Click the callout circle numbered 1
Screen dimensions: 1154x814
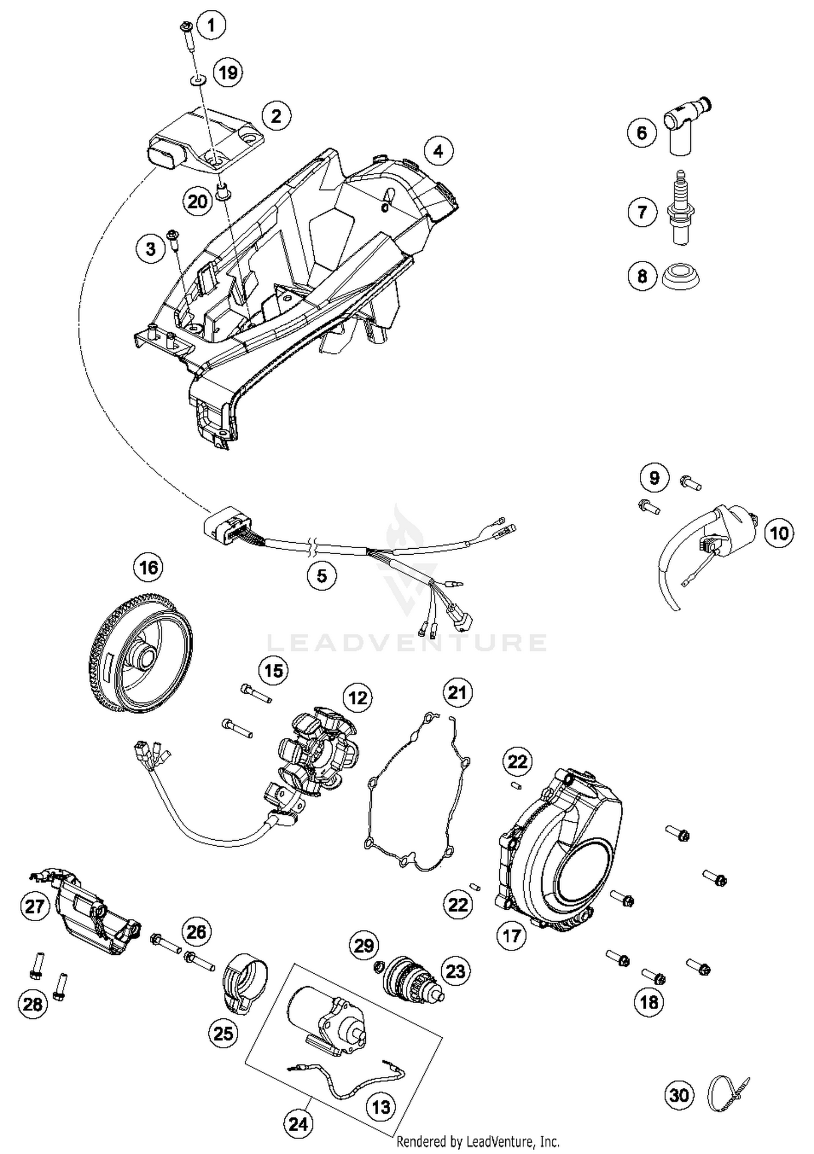tap(211, 25)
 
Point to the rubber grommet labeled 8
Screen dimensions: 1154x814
tap(682, 277)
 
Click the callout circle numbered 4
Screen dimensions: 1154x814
tap(438, 151)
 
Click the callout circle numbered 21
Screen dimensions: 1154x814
tap(457, 693)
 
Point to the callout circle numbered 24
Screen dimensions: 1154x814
tap(298, 1124)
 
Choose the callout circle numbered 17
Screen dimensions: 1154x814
tap(512, 935)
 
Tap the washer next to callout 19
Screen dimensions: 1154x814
tap(198, 81)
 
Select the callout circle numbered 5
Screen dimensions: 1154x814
tap(322, 575)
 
